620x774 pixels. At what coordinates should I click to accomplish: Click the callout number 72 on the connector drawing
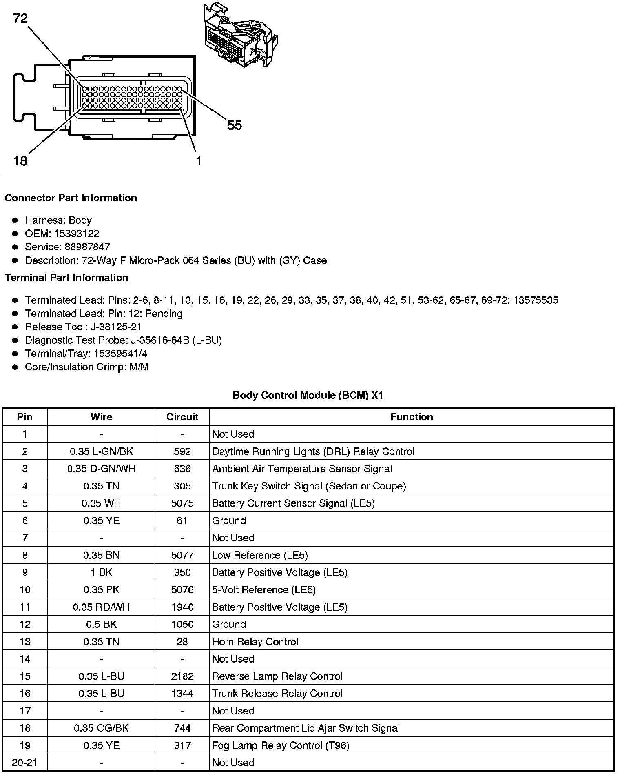20,18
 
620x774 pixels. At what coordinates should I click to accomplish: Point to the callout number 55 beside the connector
235,125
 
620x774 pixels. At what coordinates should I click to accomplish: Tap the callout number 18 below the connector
20,161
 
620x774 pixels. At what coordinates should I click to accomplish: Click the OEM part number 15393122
77,234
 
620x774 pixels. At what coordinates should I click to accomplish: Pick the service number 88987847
87,247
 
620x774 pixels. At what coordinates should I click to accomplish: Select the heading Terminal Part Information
66,278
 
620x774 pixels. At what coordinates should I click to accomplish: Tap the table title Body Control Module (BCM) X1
308,395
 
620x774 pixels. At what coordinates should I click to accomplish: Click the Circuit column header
182,417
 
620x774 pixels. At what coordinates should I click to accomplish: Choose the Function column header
412,417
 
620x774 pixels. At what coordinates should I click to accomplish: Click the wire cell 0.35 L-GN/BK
101,451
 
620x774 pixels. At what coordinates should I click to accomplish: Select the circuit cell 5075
182,503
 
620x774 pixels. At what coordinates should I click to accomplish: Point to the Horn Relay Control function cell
255,642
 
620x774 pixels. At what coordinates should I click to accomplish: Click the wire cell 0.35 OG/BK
101,728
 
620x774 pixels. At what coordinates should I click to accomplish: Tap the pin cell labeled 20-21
25,763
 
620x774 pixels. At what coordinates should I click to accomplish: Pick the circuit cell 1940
182,607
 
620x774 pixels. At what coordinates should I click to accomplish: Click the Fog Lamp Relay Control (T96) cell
281,745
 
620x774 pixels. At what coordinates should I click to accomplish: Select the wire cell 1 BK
101,572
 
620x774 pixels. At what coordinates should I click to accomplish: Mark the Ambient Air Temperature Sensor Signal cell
302,469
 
